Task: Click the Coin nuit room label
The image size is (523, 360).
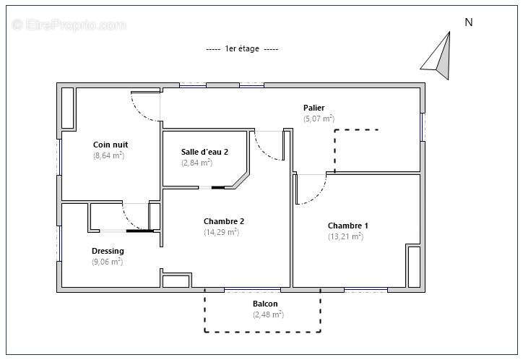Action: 111,145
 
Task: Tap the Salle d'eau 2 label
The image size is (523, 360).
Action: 205,152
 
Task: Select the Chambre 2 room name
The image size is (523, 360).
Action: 224,221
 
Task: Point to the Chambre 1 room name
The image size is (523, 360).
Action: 348,226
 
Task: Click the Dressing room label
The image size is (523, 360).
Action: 108,251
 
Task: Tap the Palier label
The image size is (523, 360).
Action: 314,108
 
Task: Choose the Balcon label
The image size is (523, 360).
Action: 265,304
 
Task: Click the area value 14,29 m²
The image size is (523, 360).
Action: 222,232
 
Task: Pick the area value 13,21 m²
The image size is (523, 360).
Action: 345,236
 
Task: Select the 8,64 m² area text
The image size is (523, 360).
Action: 109,155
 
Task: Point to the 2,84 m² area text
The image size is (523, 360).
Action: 196,163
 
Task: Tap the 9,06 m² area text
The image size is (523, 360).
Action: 108,262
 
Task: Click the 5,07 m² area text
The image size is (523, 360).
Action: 319,119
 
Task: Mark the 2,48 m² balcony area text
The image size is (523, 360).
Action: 268,314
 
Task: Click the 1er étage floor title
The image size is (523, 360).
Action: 242,48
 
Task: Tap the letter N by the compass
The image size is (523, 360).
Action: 469,22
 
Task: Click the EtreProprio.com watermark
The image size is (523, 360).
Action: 69,25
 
